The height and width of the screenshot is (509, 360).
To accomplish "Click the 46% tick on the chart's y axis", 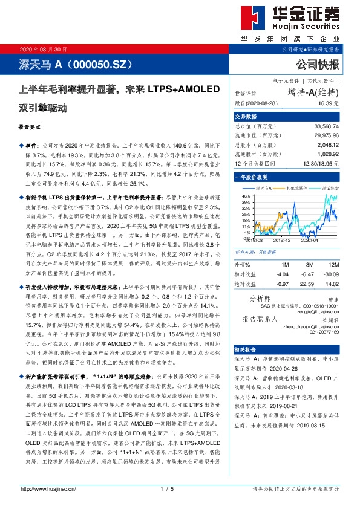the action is click(x=246, y=196).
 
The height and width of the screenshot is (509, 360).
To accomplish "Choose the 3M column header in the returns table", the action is click(x=309, y=265).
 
